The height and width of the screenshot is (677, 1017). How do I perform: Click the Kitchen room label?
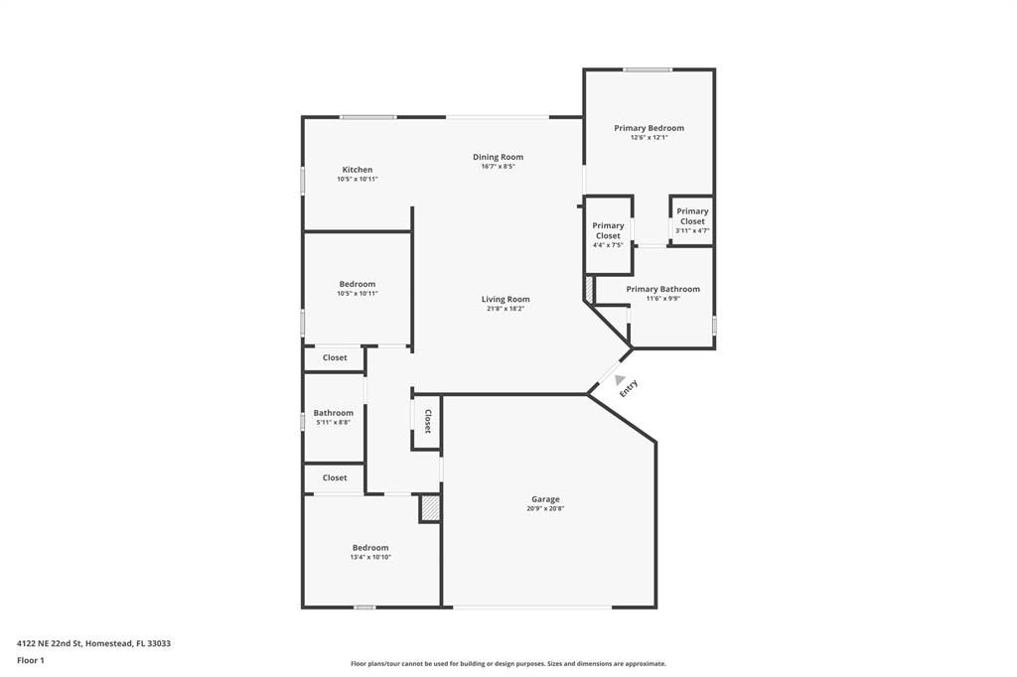(358, 170)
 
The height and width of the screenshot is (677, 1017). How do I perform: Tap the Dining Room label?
(498, 157)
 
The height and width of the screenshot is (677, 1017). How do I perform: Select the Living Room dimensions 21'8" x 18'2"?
(506, 309)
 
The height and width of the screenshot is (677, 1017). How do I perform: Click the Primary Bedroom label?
(649, 128)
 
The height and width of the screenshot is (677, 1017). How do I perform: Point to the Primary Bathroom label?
(662, 289)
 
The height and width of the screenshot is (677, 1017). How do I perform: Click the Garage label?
(545, 499)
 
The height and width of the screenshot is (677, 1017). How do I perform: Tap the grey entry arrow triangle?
(620, 380)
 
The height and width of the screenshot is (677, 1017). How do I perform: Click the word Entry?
(629, 388)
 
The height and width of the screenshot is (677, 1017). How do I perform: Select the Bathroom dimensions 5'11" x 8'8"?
(334, 423)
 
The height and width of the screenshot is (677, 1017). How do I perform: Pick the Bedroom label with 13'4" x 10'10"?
(370, 548)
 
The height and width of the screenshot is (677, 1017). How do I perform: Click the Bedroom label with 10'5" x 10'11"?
(358, 284)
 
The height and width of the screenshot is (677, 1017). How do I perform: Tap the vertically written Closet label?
(428, 421)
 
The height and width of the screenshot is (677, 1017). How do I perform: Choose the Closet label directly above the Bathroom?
(335, 357)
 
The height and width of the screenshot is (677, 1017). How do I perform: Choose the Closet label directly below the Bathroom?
(335, 477)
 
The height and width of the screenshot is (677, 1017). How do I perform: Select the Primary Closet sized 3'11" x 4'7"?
(692, 216)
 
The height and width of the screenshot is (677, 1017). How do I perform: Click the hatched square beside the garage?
(430, 508)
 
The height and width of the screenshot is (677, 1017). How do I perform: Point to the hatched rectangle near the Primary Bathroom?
(588, 290)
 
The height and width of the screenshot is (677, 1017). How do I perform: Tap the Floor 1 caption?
(31, 660)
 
